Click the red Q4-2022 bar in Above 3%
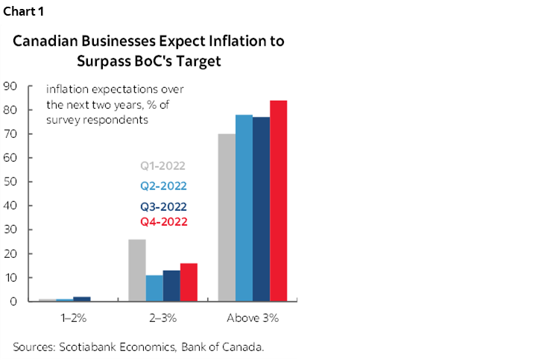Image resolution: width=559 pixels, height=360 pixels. tap(278, 201)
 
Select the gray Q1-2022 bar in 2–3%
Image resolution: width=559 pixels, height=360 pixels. tap(137, 271)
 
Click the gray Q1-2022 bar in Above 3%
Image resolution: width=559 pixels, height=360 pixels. tap(227, 218)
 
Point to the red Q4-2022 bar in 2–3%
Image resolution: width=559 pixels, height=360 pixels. tap(189, 282)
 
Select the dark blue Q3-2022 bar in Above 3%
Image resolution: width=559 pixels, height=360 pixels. tap(261, 209)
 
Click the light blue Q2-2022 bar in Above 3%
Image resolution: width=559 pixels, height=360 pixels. tap(244, 208)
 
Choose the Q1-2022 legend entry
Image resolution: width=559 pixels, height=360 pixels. tap(162, 166)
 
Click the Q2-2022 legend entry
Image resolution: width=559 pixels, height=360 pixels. tap(162, 186)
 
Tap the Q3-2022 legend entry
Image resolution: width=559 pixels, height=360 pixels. tap(162, 206)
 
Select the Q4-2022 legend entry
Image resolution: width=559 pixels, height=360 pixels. tap(162, 221)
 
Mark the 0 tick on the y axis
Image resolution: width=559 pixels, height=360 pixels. tap(13, 302)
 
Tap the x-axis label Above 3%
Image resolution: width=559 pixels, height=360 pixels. tap(252, 318)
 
